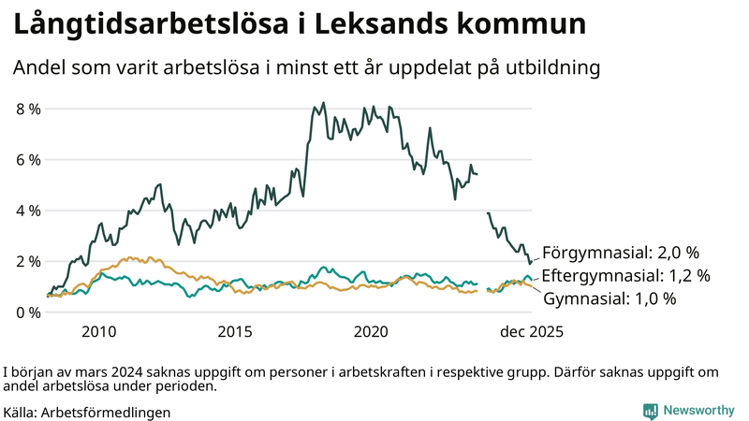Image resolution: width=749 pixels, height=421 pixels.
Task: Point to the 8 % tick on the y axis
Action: click(28, 109)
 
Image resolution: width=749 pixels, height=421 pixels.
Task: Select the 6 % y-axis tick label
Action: click(28, 160)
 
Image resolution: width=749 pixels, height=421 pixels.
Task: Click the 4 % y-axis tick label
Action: click(28, 210)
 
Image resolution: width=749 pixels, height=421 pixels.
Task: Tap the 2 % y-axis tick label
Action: click(28, 261)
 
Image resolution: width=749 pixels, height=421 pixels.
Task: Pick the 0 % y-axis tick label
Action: click(28, 312)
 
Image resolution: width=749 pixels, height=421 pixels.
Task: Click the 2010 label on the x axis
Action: click(98, 331)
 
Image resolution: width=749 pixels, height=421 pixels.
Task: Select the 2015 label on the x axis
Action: click(235, 331)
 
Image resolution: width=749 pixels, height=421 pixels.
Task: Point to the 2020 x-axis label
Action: click(373, 331)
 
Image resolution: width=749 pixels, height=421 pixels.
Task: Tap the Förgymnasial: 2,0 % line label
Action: click(621, 253)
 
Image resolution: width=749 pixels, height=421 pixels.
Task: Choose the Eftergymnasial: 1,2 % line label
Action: click(625, 276)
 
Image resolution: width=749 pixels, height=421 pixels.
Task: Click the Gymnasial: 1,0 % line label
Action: click(609, 298)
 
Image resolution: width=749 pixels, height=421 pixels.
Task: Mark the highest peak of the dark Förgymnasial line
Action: click(324, 103)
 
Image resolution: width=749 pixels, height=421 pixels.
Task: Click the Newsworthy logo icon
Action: click(650, 411)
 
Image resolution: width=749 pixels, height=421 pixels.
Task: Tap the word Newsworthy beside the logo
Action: click(698, 411)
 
